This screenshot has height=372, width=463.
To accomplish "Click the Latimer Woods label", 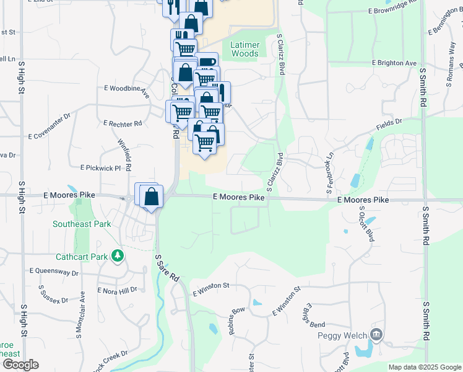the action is pos(244,49).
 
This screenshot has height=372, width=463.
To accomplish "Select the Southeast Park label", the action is pos(82,224).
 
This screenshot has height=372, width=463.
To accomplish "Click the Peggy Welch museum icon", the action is pos(376,335).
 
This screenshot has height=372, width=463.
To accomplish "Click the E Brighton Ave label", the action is pos(394,63).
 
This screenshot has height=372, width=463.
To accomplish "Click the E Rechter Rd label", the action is pos(123,124).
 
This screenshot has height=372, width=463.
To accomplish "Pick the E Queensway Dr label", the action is pos(54,271).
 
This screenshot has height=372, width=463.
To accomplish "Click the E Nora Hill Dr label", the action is pos(117,290).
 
